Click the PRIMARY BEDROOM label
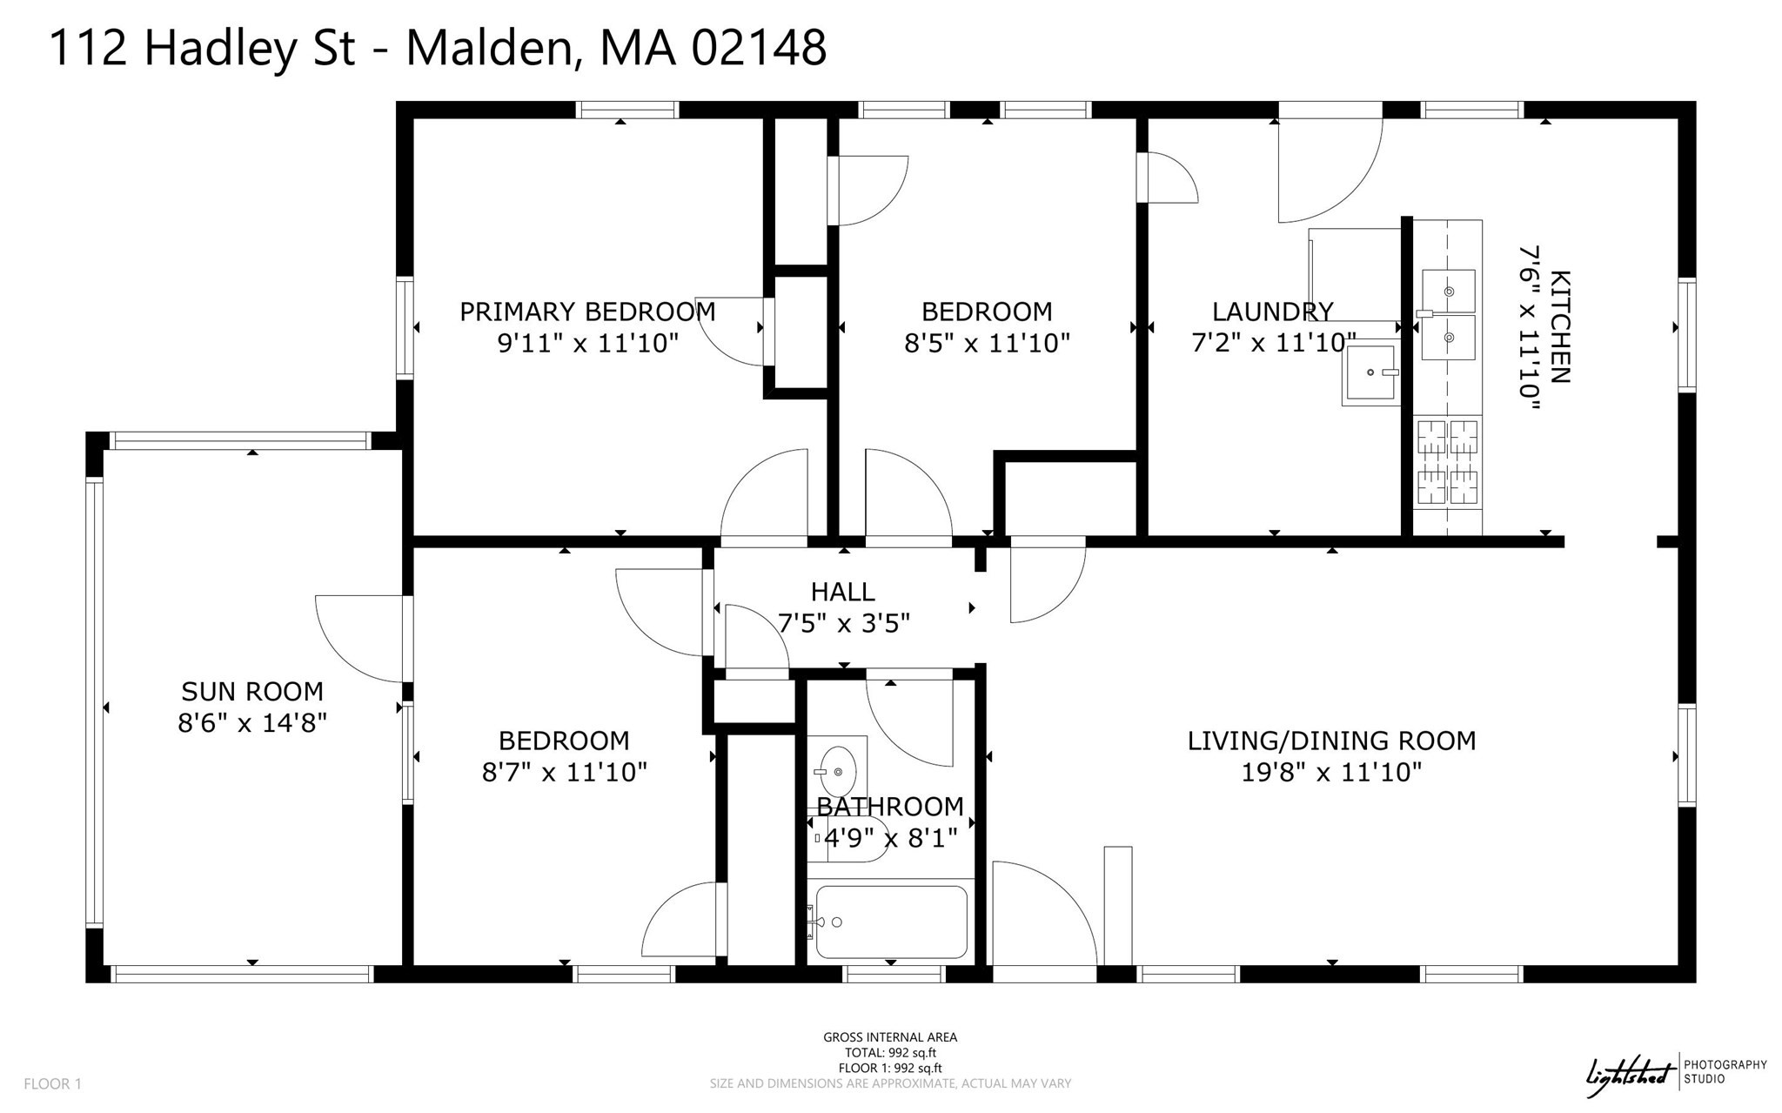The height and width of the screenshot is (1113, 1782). [587, 312]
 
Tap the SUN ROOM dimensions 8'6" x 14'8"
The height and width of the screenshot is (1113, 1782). [252, 723]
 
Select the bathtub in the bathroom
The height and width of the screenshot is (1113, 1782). [891, 922]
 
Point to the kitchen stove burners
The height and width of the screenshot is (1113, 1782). [1448, 462]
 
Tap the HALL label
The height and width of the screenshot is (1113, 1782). [842, 593]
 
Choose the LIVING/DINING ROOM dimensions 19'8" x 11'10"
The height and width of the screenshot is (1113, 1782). [1331, 772]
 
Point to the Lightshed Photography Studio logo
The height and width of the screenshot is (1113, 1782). [1674, 1074]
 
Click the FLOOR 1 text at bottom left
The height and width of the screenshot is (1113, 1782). [52, 1083]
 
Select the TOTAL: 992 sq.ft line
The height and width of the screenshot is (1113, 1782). [890, 1053]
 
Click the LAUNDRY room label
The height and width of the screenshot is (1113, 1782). [1272, 312]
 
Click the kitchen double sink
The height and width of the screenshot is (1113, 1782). [1448, 314]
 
